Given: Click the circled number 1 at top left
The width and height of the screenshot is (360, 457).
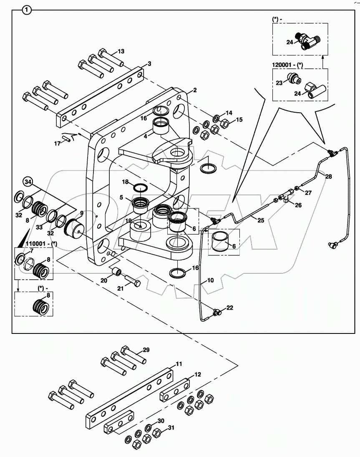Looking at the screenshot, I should (x=27, y=10).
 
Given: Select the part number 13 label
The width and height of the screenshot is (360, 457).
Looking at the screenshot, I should (x=121, y=51).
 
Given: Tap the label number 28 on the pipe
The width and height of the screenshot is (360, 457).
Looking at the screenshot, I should (x=329, y=177).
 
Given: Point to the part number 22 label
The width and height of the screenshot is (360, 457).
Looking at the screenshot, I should (x=229, y=308).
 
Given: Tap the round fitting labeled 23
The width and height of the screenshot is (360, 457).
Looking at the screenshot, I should (x=296, y=79).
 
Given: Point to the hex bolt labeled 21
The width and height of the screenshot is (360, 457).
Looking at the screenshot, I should (x=132, y=281).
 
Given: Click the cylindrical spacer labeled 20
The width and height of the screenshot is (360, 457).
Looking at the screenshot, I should (x=116, y=273).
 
